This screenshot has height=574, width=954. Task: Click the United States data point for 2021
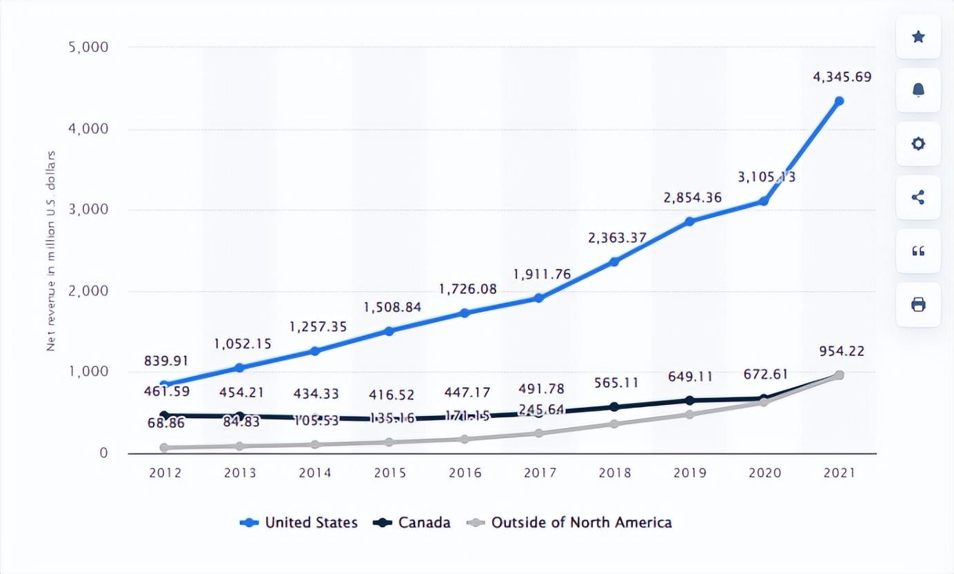pos(839,101)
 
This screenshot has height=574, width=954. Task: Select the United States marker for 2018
pos(614,261)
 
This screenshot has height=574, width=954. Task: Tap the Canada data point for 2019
pos(689,400)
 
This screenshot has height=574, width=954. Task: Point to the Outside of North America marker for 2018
pos(614,424)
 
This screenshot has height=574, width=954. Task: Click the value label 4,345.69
pos(842,77)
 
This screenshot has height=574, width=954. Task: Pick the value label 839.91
pos(166,360)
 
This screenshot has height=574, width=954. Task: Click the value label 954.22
pos(842,351)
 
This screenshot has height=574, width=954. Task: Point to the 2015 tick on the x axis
pos(389,473)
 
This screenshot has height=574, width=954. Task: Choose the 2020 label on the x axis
pos(764,473)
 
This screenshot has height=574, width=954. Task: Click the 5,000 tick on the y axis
pos(89,47)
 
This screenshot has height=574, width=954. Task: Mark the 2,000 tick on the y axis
pos(89,290)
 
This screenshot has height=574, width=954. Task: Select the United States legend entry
pos(299,522)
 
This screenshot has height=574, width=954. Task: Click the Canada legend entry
pos(412,522)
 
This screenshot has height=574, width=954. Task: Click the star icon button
pos(918,37)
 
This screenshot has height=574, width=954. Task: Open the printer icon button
pos(918,304)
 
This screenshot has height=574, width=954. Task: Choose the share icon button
pos(918,197)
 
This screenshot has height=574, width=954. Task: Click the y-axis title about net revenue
pos(51,250)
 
